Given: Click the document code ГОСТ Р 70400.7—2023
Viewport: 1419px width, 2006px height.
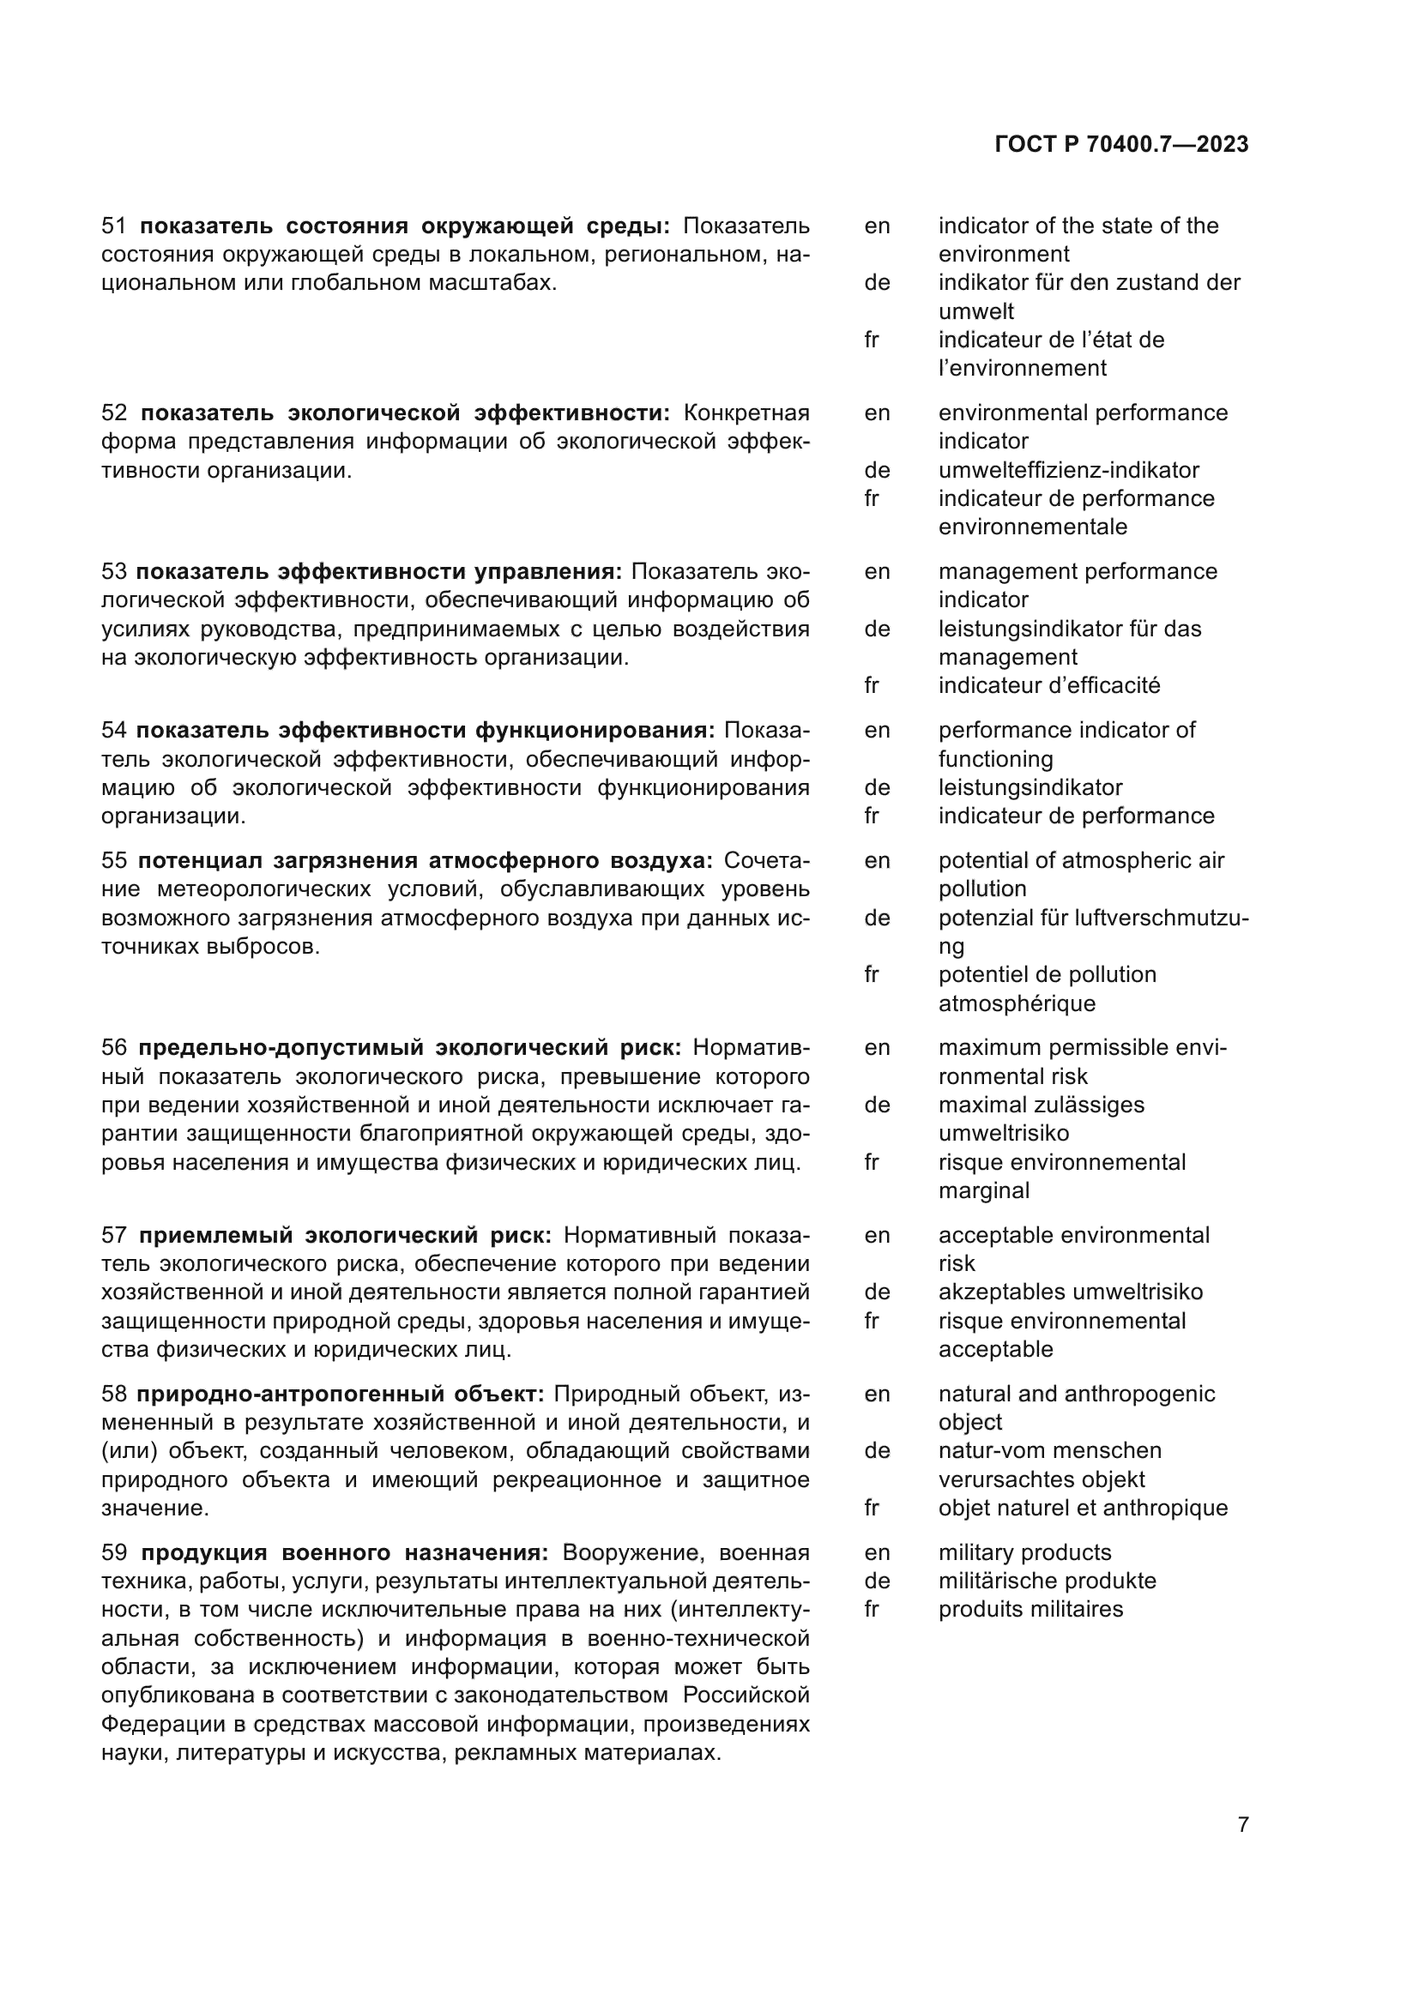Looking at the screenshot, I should (1121, 145).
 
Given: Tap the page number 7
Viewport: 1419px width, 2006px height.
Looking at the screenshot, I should (1242, 1824).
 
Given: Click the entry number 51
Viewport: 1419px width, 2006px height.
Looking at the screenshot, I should (113, 226).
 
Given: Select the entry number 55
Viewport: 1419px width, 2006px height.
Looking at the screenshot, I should (113, 860).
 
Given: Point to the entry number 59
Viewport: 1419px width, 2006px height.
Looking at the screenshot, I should (113, 1552).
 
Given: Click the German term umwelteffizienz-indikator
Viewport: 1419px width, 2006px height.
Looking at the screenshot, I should (1068, 470).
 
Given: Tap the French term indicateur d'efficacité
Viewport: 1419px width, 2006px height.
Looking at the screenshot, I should (1048, 685).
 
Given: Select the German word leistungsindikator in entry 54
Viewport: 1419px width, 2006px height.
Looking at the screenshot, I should (1030, 787).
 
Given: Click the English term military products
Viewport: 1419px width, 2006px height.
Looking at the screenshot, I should (1024, 1552).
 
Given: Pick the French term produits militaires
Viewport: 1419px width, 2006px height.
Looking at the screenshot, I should (1030, 1609).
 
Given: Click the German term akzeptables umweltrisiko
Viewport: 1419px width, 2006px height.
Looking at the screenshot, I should (1070, 1292).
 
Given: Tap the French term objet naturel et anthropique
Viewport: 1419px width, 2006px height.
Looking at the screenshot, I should (1083, 1508).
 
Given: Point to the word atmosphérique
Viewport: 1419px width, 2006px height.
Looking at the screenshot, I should (1016, 1003).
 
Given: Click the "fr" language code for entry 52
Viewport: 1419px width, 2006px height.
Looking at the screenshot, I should (871, 498).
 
